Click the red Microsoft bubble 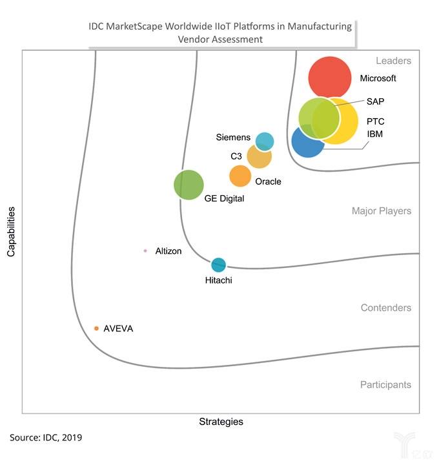click(x=330, y=77)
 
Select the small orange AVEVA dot click(x=96, y=329)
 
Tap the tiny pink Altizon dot click(x=145, y=251)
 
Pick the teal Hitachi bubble click(x=219, y=264)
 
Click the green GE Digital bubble click(x=189, y=185)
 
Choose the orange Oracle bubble click(x=240, y=176)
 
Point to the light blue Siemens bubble click(x=265, y=141)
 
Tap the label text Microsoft click(x=378, y=78)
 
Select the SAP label click(x=375, y=101)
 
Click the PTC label click(x=376, y=121)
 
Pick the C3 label click(x=236, y=156)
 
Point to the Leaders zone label click(x=393, y=61)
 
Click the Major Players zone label click(x=381, y=211)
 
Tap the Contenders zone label click(x=385, y=308)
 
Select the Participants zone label click(x=385, y=385)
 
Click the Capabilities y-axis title click(x=11, y=232)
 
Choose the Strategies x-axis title click(x=221, y=422)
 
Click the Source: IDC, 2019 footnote click(x=46, y=438)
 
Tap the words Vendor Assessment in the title click(x=220, y=39)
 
